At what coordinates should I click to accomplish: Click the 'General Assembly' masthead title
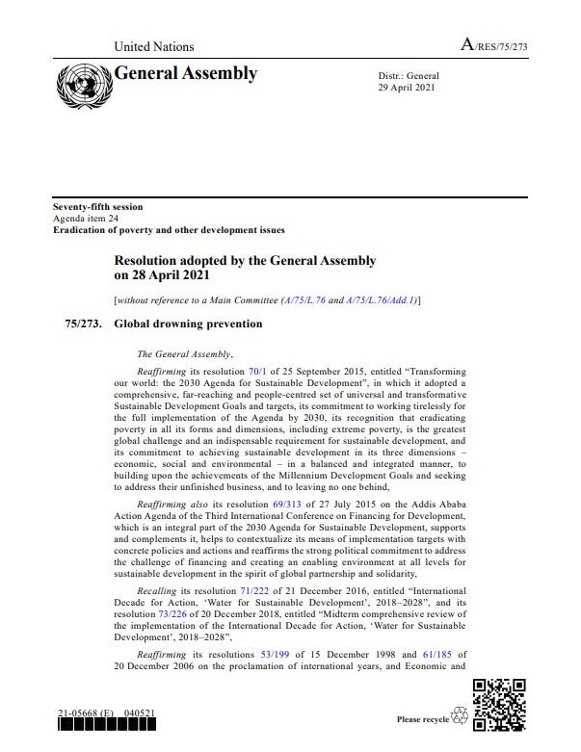coord(186,74)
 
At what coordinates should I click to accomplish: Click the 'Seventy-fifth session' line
coord(97,208)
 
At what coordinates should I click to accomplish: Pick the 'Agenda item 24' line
coord(88,219)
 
